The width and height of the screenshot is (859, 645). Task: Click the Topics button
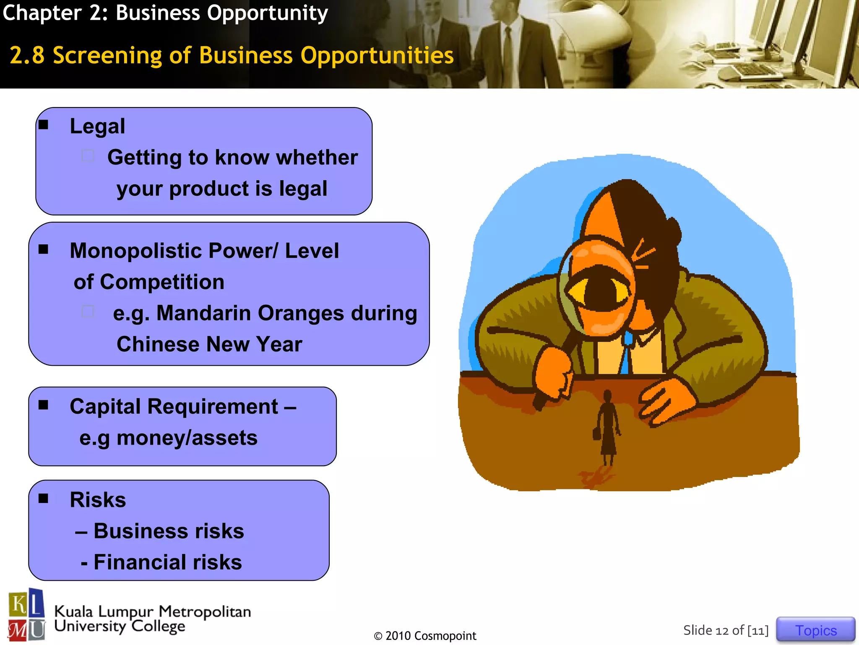(x=815, y=630)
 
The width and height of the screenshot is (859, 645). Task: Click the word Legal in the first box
(x=97, y=126)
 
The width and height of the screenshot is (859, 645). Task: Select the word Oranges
(x=301, y=313)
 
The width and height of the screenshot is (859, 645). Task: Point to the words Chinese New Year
(x=209, y=344)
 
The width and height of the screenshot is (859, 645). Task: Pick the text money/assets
(x=187, y=438)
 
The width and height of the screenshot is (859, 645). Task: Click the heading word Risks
(x=98, y=500)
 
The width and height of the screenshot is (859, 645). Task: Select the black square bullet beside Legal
(x=43, y=125)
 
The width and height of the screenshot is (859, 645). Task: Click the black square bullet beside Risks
(x=43, y=498)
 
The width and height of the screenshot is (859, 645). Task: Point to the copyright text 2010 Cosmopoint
(x=425, y=636)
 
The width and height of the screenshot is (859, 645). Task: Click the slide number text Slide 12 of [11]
(x=726, y=630)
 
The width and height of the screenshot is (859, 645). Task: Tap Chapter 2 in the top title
(x=55, y=13)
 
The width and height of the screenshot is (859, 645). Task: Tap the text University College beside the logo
(x=120, y=626)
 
